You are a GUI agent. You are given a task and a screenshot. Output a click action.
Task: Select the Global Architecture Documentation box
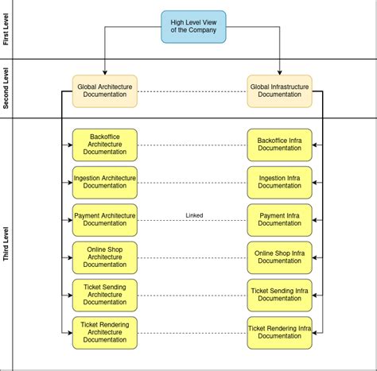coord(105,91)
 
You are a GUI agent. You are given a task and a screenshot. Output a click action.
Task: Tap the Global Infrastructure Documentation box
coord(279,91)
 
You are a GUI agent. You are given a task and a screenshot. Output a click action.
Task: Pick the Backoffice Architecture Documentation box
coord(105,145)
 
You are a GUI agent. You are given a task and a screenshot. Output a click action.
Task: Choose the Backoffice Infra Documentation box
coord(279,145)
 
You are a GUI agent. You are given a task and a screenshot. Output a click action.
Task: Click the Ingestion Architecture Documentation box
coord(105,182)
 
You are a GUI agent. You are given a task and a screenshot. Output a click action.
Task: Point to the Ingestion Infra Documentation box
coord(279,182)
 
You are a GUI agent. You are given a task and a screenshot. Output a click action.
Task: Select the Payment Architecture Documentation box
coord(105,219)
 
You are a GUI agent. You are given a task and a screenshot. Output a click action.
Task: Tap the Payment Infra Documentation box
coord(279,219)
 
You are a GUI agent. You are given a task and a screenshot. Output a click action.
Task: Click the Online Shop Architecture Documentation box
coord(105,257)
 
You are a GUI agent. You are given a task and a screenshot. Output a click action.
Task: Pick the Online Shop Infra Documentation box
coord(279,257)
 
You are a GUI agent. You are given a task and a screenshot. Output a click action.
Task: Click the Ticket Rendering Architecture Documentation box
coord(105,332)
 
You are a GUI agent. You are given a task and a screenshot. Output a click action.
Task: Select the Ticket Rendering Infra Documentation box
coord(279,332)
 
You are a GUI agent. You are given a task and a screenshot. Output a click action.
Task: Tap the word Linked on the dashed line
coord(194,214)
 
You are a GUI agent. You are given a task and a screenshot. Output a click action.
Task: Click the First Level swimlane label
coord(7,29)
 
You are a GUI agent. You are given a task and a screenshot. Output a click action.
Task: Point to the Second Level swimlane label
coord(7,89)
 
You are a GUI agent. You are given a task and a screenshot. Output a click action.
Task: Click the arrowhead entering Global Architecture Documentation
coord(105,71)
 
